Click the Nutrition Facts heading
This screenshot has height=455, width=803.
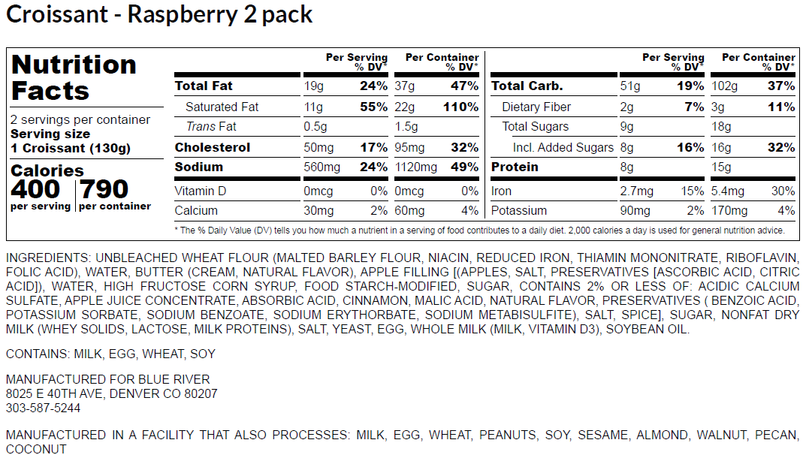(74, 77)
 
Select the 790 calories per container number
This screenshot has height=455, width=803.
(104, 188)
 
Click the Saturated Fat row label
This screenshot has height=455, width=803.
(222, 107)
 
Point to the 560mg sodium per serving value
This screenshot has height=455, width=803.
(322, 167)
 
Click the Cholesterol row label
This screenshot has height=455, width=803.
(213, 147)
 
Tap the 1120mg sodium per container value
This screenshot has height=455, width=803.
(415, 167)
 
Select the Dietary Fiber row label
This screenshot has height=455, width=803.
(536, 107)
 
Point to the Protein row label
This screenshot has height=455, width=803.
(515, 167)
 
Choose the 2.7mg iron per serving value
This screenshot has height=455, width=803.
(638, 191)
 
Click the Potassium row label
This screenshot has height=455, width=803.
(519, 210)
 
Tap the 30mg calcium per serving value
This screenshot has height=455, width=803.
(318, 210)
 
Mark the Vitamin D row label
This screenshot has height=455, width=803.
(201, 191)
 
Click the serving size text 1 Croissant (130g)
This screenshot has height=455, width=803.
(71, 148)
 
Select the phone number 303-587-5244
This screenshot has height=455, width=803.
(43, 408)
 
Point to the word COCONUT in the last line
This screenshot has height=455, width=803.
(36, 449)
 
